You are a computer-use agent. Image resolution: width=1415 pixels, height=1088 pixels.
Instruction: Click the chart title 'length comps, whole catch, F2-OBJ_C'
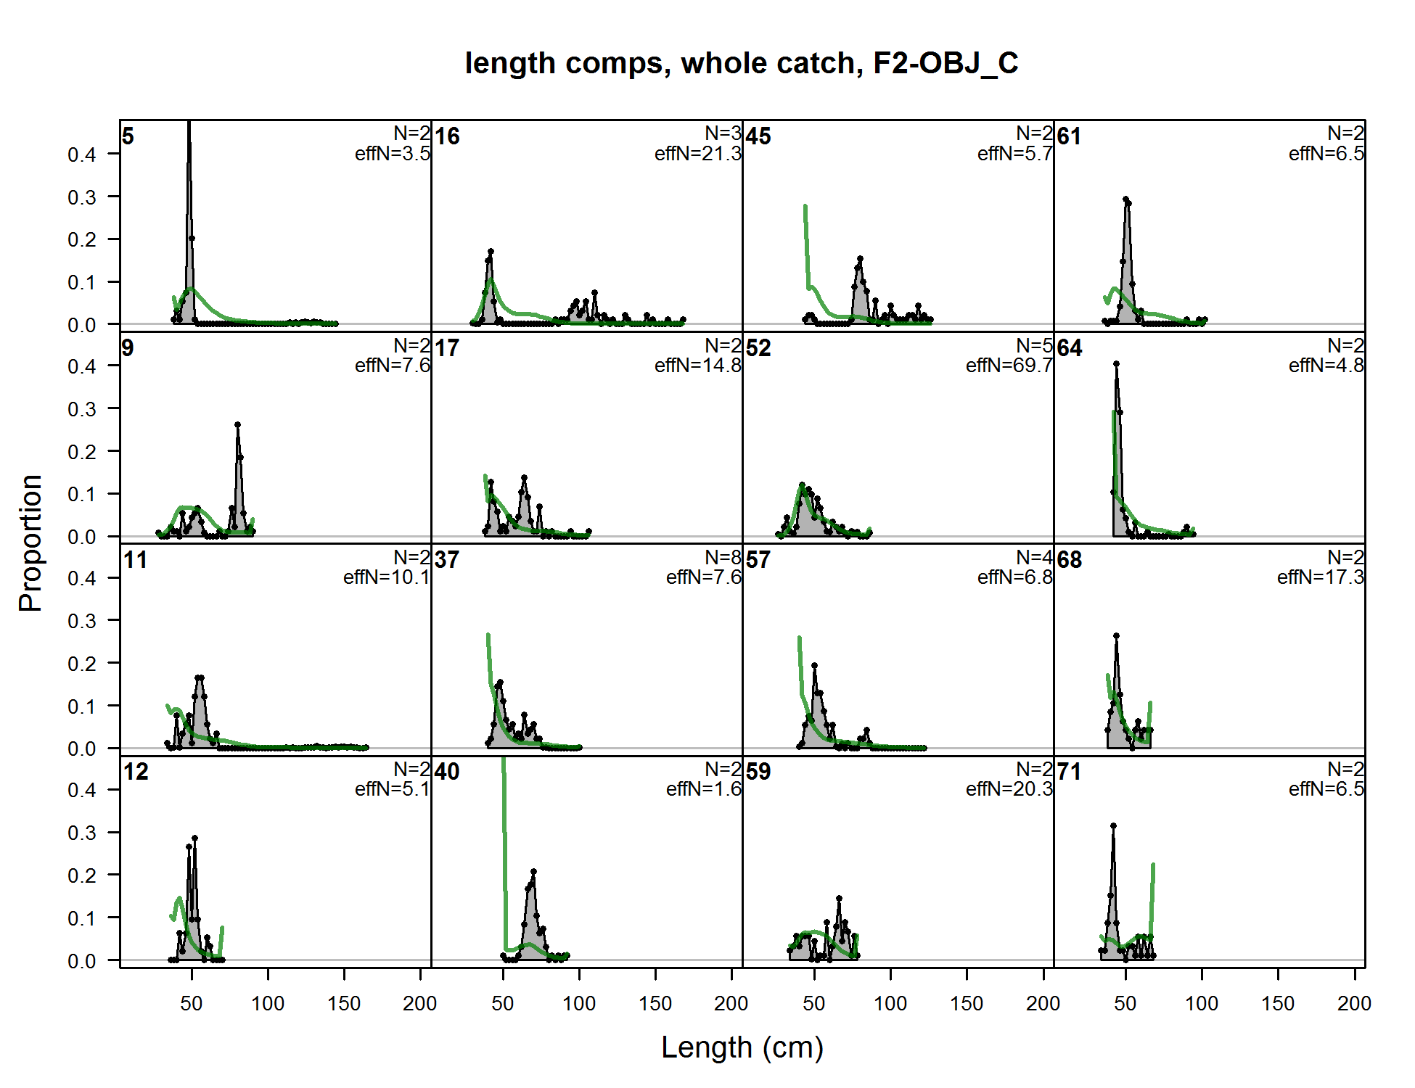pyautogui.click(x=742, y=63)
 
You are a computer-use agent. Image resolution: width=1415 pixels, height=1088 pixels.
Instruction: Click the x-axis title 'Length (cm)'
pyautogui.click(x=742, y=1047)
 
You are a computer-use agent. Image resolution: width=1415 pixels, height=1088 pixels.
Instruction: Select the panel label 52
pyautogui.click(x=758, y=348)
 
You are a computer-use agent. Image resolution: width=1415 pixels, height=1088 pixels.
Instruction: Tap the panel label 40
pyautogui.click(x=447, y=772)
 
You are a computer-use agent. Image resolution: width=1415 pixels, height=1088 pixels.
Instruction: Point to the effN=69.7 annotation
pyautogui.click(x=1009, y=366)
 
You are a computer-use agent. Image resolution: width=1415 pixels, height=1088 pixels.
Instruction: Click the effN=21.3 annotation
pyautogui.click(x=697, y=154)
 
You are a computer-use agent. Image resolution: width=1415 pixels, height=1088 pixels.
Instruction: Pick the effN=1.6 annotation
pyautogui.click(x=703, y=789)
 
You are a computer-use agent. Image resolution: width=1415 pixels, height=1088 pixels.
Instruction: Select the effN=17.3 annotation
pyautogui.click(x=1320, y=577)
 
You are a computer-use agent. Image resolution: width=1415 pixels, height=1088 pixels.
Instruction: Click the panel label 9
pyautogui.click(x=128, y=348)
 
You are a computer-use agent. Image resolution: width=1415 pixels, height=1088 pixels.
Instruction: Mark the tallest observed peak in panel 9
pyautogui.click(x=237, y=425)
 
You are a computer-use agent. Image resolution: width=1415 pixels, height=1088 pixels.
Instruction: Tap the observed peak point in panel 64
pyautogui.click(x=1116, y=364)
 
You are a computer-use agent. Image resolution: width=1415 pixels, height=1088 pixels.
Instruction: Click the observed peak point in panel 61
pyautogui.click(x=1125, y=199)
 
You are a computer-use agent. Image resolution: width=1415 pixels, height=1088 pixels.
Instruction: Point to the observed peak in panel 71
pyautogui.click(x=1113, y=825)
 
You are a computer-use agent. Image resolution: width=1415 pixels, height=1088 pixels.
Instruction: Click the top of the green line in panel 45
pyautogui.click(x=805, y=207)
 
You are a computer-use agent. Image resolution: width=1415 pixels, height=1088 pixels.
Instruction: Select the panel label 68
pyautogui.click(x=1070, y=560)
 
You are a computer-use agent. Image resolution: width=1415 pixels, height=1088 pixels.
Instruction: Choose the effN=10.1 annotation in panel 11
pyautogui.click(x=386, y=577)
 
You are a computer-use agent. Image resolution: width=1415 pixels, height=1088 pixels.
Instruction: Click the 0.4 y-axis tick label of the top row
pyautogui.click(x=82, y=154)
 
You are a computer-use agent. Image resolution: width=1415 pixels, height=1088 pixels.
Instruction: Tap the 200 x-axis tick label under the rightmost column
pyautogui.click(x=1354, y=1003)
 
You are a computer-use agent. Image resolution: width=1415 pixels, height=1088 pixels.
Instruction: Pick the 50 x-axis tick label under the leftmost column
pyautogui.click(x=192, y=1003)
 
